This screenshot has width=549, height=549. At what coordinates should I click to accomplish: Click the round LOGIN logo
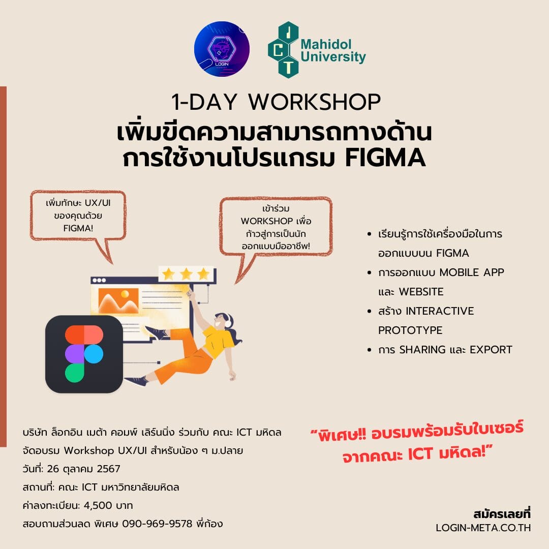coord(222,49)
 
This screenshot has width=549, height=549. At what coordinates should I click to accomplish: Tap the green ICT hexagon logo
coord(284,50)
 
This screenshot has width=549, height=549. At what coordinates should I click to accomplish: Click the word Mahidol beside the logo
coord(326,44)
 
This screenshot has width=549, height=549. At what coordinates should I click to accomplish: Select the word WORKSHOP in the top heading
coord(314,102)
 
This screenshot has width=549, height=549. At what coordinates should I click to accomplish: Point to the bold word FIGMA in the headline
coord(385,158)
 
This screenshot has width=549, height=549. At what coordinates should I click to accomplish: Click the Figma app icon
coord(84,354)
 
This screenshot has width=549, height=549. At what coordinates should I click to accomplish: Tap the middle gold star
coord(186,274)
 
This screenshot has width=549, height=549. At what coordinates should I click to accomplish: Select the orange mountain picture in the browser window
coord(118,301)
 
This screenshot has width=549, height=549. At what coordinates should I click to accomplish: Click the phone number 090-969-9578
coord(157,524)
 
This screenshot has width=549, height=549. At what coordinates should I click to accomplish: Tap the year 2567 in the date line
coord(109,469)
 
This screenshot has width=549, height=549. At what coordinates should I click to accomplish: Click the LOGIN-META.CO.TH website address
coord(483,528)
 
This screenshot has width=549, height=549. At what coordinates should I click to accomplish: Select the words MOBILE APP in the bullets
coord(472,272)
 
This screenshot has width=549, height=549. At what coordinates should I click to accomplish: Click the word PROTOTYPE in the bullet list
coord(410,330)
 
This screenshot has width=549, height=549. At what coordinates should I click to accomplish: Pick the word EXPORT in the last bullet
coord(491,349)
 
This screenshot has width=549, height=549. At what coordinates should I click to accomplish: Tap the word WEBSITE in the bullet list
coord(421,292)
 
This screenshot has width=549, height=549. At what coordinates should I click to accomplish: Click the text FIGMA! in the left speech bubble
coord(78,228)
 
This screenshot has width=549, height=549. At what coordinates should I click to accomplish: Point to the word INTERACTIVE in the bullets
coord(440,311)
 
